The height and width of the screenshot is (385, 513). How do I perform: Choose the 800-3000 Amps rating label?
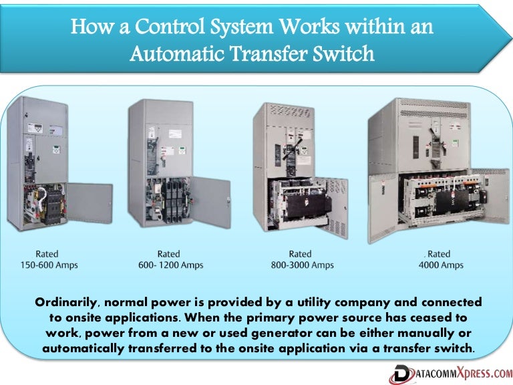[x=300, y=259]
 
